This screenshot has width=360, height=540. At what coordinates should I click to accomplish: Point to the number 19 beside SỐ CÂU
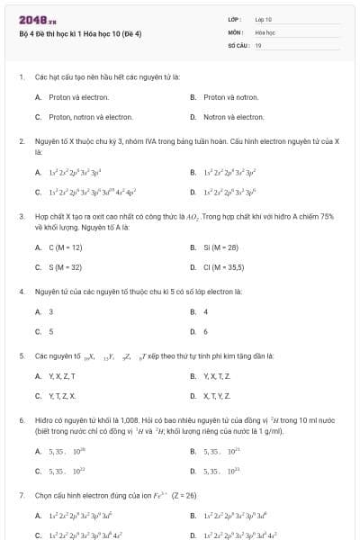[258, 44]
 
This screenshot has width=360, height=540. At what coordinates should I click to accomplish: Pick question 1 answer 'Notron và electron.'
[233, 117]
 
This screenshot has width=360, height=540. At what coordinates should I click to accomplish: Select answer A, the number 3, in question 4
[50, 311]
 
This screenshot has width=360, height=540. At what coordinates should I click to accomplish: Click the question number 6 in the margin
[21, 420]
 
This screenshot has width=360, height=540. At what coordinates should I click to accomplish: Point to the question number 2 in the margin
[21, 142]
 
